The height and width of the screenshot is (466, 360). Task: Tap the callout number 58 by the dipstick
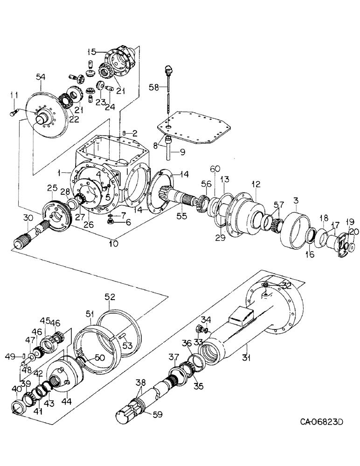click(x=154, y=87)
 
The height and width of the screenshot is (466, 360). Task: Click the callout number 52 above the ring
click(x=110, y=296)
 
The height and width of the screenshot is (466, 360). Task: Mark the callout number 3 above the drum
click(x=296, y=200)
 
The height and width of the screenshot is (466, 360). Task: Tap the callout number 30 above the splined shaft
click(x=28, y=218)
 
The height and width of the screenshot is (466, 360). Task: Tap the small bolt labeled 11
click(x=15, y=111)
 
